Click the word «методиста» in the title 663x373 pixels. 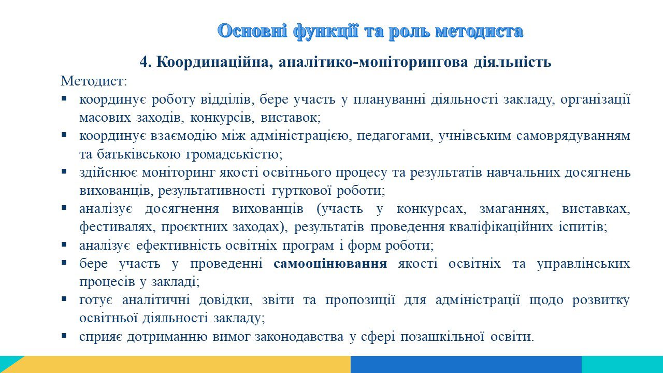(x=479, y=31)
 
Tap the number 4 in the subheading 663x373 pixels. (x=143, y=62)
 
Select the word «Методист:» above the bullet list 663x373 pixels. (x=94, y=81)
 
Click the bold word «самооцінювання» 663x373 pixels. (x=330, y=264)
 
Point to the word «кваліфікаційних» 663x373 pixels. (x=501, y=227)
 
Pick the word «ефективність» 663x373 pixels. (x=179, y=246)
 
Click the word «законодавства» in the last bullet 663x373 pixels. (x=299, y=337)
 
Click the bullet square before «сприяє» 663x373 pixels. (x=64, y=335)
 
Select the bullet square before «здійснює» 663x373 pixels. (x=64, y=171)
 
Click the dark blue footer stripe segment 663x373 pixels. (x=466, y=364)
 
